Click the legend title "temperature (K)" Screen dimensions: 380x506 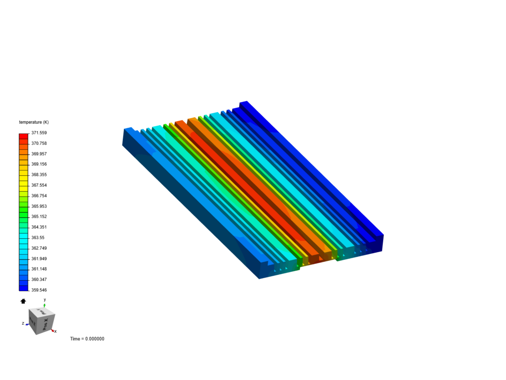pyautogui.click(x=34, y=122)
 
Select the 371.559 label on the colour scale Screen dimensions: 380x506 pyautogui.click(x=39, y=133)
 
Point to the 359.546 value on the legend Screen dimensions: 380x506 pyautogui.click(x=39, y=290)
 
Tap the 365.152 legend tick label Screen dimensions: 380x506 pyautogui.click(x=39, y=216)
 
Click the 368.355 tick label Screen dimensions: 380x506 pyautogui.click(x=39, y=175)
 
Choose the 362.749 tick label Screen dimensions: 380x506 pyautogui.click(x=39, y=248)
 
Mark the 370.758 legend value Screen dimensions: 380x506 pyautogui.click(x=39, y=143)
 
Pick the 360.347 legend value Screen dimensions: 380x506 pyautogui.click(x=39, y=279)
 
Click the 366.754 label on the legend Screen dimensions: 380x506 pyautogui.click(x=39, y=196)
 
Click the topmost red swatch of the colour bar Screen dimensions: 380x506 pyautogui.click(x=24, y=136)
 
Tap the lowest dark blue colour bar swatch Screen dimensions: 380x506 pyautogui.click(x=24, y=288)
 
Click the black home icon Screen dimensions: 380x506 pyautogui.click(x=23, y=301)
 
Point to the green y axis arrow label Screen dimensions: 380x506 pyautogui.click(x=45, y=300)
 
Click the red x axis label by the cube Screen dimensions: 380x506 pyautogui.click(x=55, y=331)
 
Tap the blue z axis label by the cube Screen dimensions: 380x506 pyautogui.click(x=23, y=323)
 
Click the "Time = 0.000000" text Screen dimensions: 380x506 pyautogui.click(x=87, y=339)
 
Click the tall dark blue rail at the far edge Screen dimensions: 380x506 pyautogui.click(x=313, y=169)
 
